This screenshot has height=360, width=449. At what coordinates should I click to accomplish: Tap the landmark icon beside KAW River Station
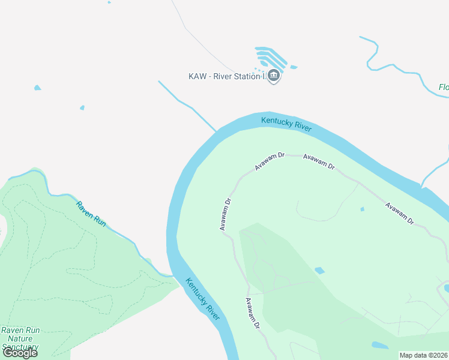coord(274,76)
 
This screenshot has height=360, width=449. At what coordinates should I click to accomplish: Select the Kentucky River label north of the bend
coord(286,124)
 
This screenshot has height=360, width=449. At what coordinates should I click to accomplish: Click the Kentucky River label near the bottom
coord(203,298)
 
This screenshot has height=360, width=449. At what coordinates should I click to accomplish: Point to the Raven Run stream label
coord(91,214)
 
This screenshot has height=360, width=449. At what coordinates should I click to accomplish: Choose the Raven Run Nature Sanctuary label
coord(20,338)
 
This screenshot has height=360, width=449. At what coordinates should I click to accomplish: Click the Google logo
coord(20,353)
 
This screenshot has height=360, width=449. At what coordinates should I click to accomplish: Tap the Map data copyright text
coord(424,355)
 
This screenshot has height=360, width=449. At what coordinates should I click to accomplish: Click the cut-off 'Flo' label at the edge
coord(444,88)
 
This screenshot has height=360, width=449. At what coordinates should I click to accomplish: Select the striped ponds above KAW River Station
coord(273,57)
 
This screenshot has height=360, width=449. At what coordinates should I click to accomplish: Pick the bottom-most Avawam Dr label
coord(252,313)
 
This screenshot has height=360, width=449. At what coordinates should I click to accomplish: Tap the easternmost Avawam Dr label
coord(400,213)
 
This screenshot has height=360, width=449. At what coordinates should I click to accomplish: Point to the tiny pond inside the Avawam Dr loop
coord(362,209)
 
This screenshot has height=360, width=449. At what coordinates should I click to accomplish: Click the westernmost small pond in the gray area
coord(38,88)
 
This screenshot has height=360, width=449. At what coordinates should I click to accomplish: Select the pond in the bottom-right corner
coord(380,346)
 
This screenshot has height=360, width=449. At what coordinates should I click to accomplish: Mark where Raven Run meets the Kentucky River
coord(172,275)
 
